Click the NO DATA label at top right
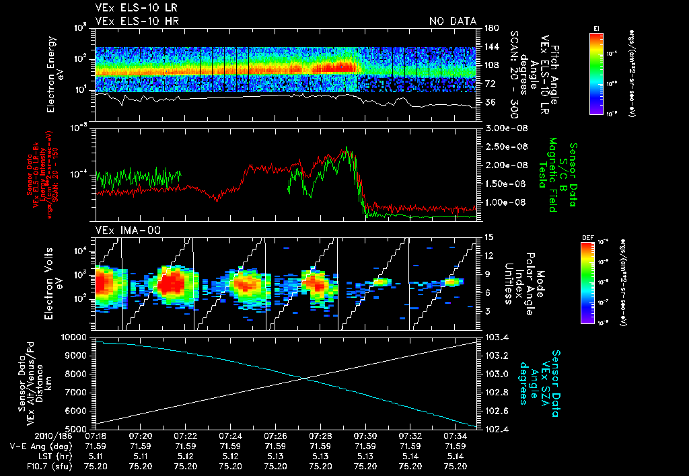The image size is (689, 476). click(x=453, y=21)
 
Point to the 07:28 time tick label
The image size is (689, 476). click(x=320, y=436)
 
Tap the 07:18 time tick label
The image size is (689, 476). click(x=95, y=436)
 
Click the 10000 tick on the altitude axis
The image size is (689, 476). click(x=75, y=337)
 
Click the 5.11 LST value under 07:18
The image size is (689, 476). click(x=95, y=455)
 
